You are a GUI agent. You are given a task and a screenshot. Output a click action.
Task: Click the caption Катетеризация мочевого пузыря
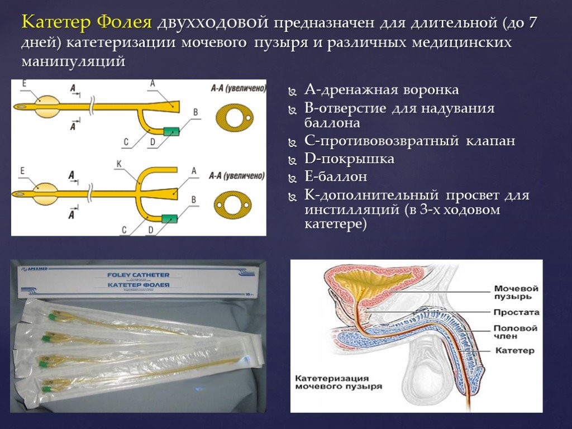coord(339,382)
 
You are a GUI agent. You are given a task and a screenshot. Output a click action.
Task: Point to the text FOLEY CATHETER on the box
coord(139,275)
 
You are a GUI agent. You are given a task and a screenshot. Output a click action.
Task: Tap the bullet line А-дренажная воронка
coord(382,90)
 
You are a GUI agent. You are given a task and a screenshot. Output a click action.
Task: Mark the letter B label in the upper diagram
coord(195,112)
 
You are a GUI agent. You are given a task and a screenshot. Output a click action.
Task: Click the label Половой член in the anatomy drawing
coord(515,332)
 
